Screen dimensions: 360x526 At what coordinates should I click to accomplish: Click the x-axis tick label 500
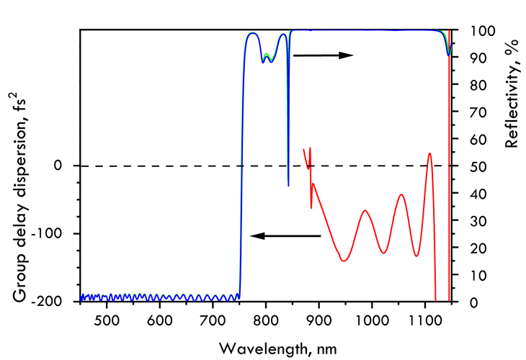point(107,318)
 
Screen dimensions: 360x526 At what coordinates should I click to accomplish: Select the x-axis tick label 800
point(266,318)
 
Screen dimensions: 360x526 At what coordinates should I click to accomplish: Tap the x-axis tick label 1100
point(424,318)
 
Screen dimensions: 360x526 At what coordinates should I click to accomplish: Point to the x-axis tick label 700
point(213,318)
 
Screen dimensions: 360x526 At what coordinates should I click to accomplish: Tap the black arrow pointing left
point(284,235)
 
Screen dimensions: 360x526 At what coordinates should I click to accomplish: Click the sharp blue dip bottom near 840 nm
point(288,186)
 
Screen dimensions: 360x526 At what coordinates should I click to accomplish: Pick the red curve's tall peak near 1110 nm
point(430,153)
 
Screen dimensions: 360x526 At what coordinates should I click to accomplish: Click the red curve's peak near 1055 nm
point(401,195)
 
